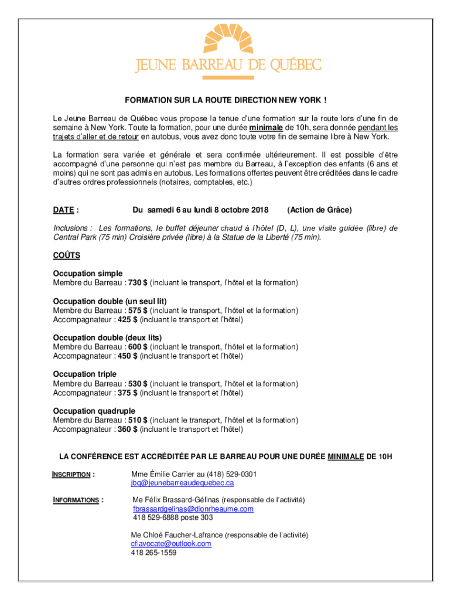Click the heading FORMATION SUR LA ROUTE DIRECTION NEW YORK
(225, 101)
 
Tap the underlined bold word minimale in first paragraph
(266, 127)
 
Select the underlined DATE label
(64, 210)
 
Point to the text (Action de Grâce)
(320, 210)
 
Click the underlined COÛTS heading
(67, 255)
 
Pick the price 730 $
(138, 283)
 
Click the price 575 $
(138, 311)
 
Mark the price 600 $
(138, 347)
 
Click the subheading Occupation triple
(85, 374)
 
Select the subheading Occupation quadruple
(94, 411)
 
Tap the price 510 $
(138, 420)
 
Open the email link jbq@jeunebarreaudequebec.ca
(182, 483)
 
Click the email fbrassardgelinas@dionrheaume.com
(193, 509)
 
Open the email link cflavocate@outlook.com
(171, 544)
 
